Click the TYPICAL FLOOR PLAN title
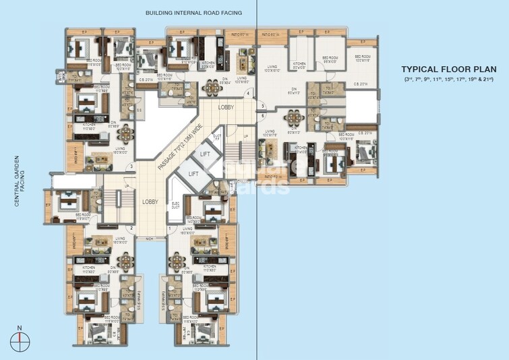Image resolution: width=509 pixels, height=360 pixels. click(448, 69)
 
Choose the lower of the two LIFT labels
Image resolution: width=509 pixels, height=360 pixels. click(193, 173)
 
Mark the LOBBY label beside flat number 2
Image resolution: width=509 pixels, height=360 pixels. click(150, 202)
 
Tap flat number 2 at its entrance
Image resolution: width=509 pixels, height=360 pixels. click(132, 229)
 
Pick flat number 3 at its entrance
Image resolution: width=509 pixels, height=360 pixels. click(132, 167)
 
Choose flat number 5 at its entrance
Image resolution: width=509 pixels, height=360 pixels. click(263, 106)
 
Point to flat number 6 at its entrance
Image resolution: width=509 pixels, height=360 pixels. click(263, 115)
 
